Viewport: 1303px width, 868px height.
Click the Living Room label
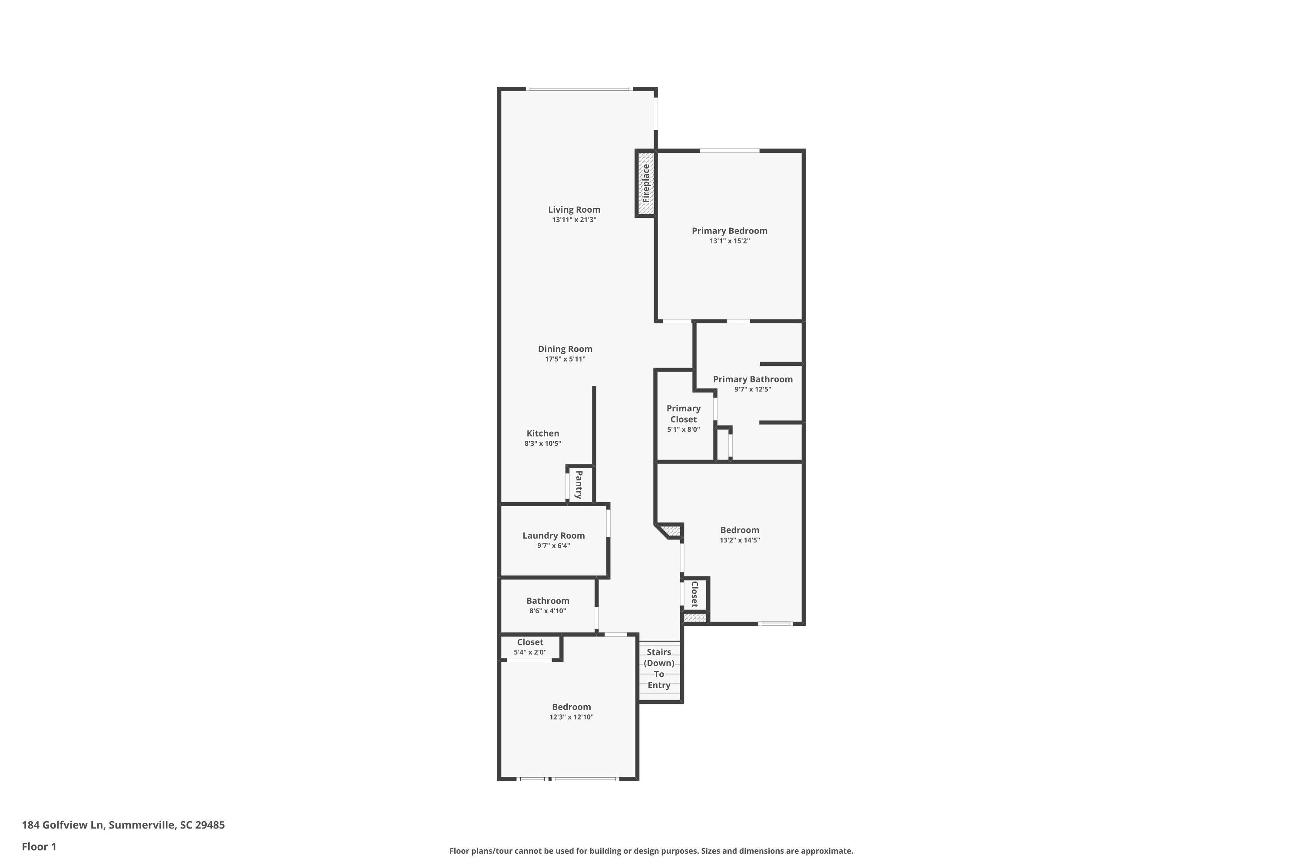coord(574,209)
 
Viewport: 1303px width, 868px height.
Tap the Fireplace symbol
coord(645,183)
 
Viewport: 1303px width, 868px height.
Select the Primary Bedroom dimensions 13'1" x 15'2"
coord(729,241)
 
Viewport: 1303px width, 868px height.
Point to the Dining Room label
coord(565,349)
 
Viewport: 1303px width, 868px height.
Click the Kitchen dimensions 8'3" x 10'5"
coord(542,444)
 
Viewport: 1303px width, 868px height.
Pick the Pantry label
coord(579,484)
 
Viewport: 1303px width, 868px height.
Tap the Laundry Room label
coord(553,535)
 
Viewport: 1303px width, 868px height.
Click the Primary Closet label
coord(683,414)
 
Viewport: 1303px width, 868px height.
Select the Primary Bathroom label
coord(752,379)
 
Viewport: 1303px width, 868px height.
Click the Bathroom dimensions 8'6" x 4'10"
coord(547,611)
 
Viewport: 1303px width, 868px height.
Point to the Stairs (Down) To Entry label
coord(659,668)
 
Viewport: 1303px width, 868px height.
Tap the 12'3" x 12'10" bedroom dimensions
coord(571,717)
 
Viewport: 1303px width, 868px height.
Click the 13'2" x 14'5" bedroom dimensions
coord(740,540)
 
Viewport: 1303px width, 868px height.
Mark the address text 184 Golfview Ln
coord(63,825)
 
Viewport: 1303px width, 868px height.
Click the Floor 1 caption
coord(39,846)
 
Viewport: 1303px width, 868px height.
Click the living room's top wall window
coord(579,89)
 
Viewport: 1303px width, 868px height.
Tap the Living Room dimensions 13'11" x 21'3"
coord(574,220)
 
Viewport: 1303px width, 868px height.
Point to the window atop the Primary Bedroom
coord(729,151)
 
